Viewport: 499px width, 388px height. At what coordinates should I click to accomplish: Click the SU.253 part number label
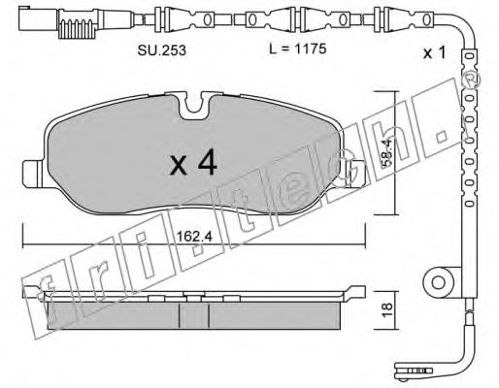point(162,50)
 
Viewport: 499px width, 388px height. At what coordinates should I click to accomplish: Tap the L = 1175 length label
point(298,48)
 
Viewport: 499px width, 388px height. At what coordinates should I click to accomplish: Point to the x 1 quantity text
point(435,52)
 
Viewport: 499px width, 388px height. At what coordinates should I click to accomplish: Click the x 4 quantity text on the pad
point(193,163)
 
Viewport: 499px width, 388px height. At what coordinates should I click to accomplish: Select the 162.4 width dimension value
point(194,237)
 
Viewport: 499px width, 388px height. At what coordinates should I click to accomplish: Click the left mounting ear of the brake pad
point(32,174)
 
